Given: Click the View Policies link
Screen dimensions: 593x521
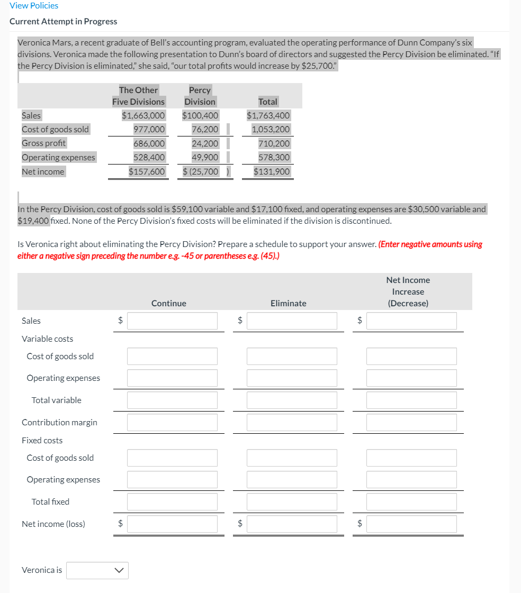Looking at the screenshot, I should [34, 5].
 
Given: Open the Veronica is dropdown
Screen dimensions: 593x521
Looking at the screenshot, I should [97, 570].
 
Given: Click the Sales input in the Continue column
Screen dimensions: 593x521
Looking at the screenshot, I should [172, 321].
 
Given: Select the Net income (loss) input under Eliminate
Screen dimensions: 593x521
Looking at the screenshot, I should [292, 524].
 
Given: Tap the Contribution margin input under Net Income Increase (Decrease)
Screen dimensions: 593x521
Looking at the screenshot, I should [411, 422].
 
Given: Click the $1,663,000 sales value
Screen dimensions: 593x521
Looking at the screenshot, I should [143, 115].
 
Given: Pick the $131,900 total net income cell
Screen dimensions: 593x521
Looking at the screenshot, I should [272, 171].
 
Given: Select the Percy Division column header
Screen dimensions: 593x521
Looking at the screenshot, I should [200, 96].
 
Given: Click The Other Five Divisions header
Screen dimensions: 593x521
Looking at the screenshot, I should [138, 96].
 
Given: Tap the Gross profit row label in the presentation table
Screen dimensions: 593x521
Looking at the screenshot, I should [44, 143].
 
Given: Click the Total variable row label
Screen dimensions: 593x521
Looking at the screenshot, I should [57, 400].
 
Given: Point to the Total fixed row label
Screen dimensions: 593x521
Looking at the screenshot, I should [50, 501].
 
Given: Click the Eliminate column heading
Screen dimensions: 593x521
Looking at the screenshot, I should [288, 303].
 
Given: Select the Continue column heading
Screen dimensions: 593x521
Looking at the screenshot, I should [168, 303].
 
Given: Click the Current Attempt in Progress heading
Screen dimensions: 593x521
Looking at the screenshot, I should [64, 22].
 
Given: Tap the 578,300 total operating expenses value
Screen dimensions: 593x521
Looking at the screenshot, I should [274, 157].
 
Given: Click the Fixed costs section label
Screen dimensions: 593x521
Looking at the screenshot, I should [42, 440].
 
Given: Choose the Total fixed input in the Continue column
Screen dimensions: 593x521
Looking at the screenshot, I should [172, 501].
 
